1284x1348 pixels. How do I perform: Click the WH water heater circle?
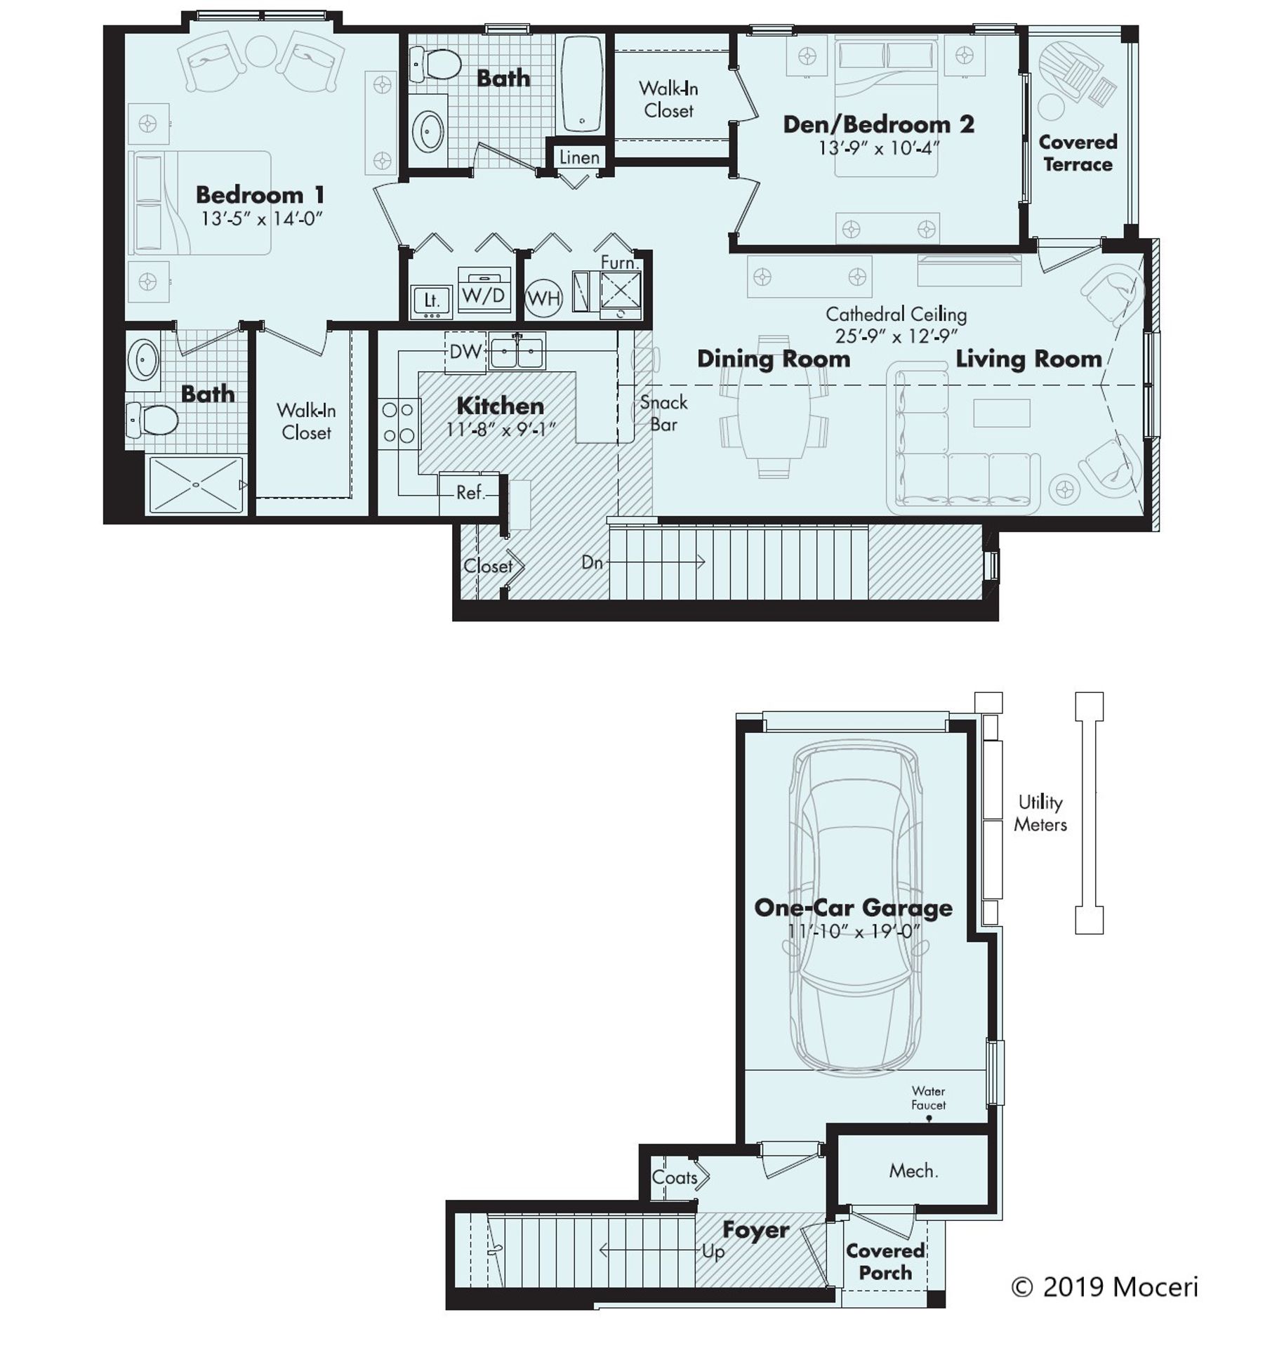click(543, 298)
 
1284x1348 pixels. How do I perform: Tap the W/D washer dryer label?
click(483, 295)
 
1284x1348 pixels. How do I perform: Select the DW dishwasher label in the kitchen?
click(465, 352)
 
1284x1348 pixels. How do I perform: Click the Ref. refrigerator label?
click(470, 493)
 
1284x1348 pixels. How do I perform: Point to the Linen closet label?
click(579, 157)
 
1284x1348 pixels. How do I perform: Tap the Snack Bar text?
click(663, 413)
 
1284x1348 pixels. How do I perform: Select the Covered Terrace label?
click(1078, 153)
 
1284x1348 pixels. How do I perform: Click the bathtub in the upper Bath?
click(582, 84)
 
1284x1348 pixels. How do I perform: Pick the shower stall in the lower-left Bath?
click(196, 484)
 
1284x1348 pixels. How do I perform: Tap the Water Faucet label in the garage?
click(928, 1097)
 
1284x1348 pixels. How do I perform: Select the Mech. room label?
click(913, 1170)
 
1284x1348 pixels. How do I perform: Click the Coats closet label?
click(674, 1177)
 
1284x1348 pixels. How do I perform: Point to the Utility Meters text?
click(1040, 813)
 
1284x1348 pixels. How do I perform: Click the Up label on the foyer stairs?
click(713, 1252)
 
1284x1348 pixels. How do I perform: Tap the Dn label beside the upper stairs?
click(592, 562)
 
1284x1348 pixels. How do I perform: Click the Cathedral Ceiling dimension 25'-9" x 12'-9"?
click(896, 336)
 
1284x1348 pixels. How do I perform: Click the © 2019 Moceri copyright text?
click(1104, 1286)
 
